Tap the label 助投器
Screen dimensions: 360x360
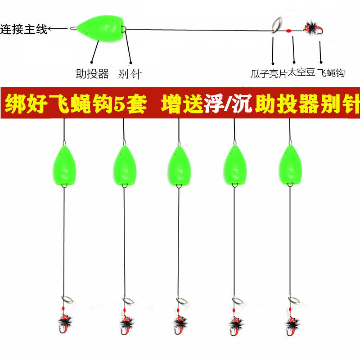pos(92,74)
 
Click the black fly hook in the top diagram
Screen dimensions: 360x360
pos(310,27)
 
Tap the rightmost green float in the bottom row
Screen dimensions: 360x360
pos(290,165)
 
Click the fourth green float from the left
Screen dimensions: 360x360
pos(234,165)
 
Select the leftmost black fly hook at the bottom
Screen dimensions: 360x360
pos(66,322)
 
